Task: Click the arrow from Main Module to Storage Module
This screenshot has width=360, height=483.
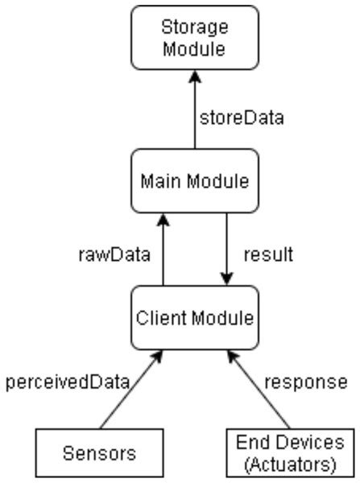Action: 195,113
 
